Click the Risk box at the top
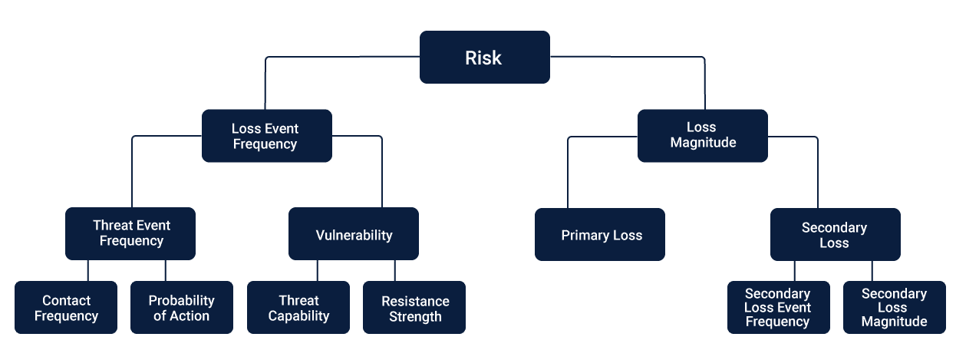click(484, 57)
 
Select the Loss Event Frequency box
click(267, 136)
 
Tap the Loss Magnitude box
click(703, 136)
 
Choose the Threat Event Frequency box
click(130, 233)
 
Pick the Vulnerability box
click(354, 233)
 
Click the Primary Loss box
click(600, 234)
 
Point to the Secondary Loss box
click(836, 234)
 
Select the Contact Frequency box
click(66, 307)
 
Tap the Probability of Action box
click(182, 307)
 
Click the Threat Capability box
click(298, 307)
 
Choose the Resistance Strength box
click(414, 307)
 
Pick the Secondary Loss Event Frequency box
click(779, 307)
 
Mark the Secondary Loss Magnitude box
click(895, 307)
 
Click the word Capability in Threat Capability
click(298, 316)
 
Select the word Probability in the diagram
click(181, 301)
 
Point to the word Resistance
click(415, 301)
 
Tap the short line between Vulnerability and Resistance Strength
click(395, 270)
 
